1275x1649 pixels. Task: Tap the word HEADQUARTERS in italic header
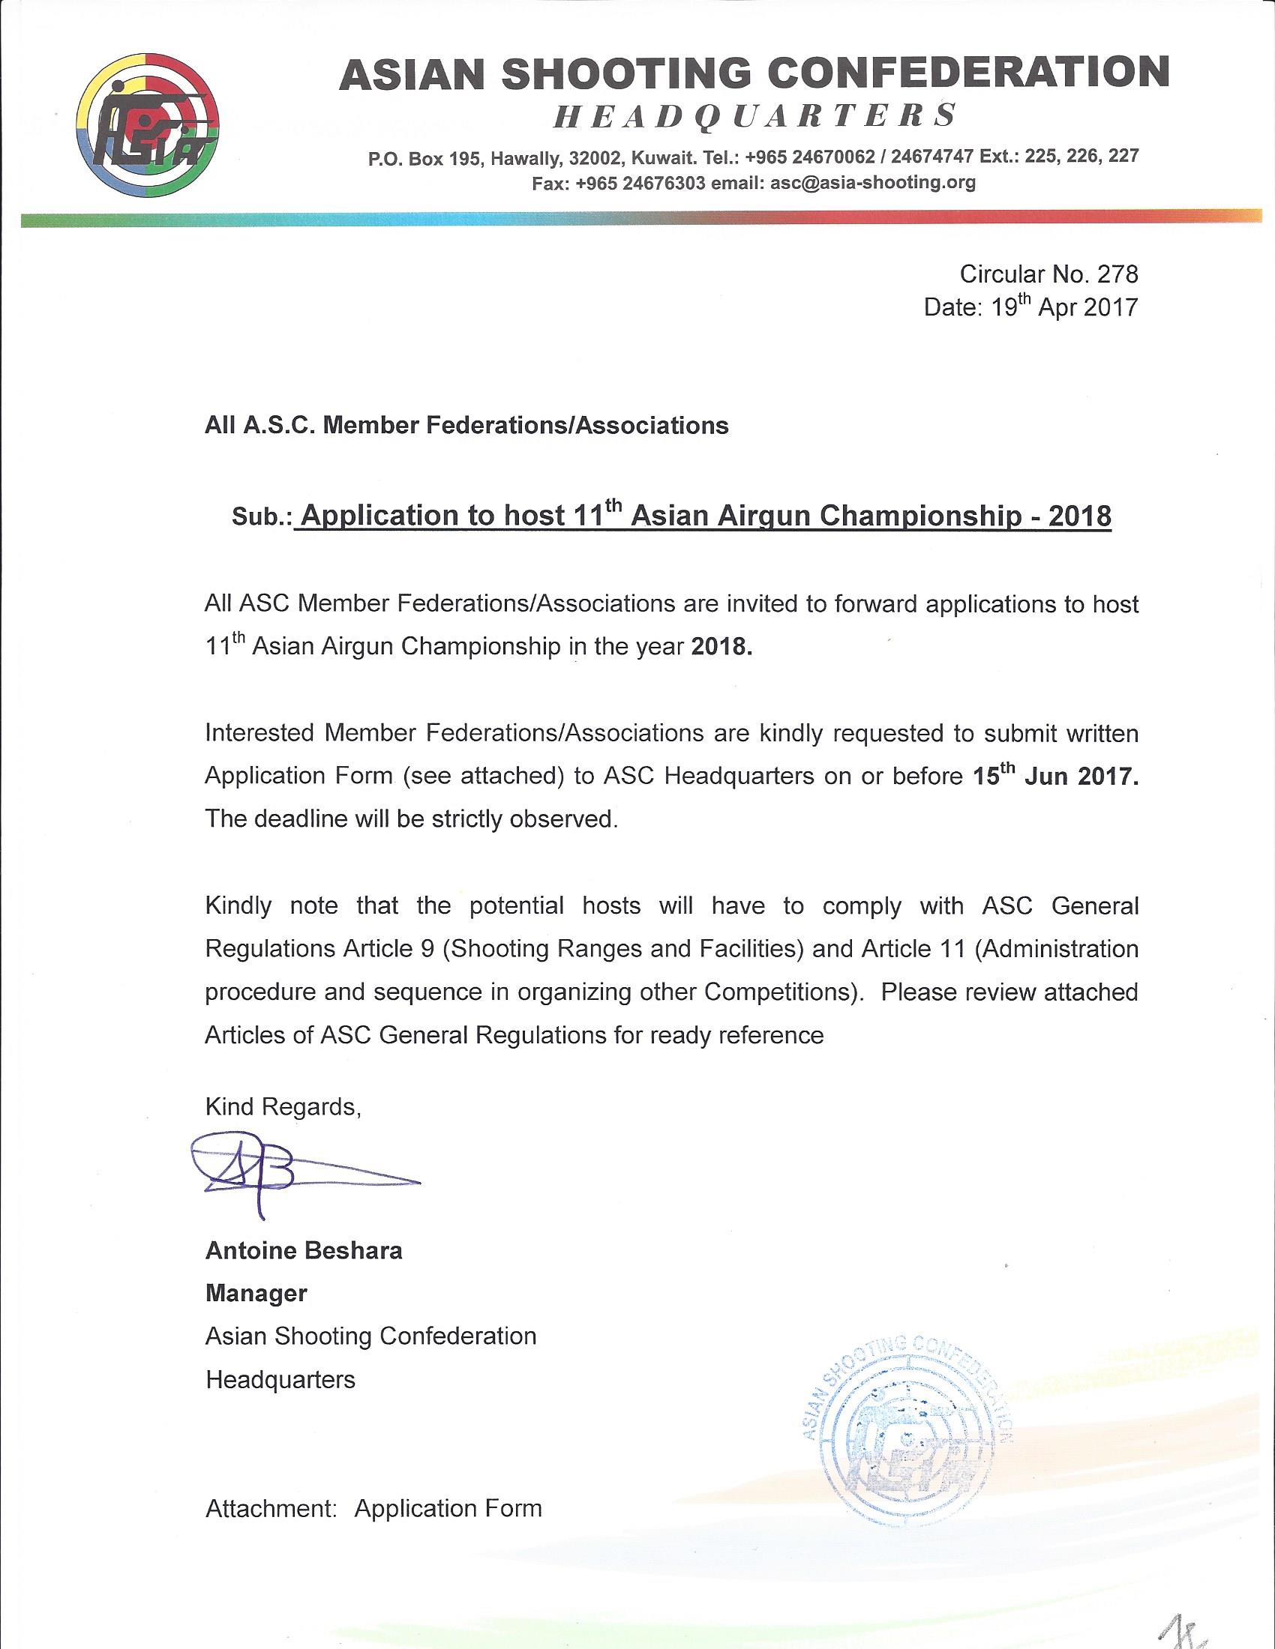coord(755,117)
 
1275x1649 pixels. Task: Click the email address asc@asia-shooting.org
coord(872,183)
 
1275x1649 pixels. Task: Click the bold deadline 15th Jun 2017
coord(1054,777)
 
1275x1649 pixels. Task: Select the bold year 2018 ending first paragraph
coord(722,648)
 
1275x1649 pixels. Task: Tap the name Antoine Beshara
coord(304,1251)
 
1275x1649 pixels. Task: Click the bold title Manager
coord(256,1294)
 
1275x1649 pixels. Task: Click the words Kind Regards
coord(283,1107)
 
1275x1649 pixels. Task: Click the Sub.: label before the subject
coord(262,519)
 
